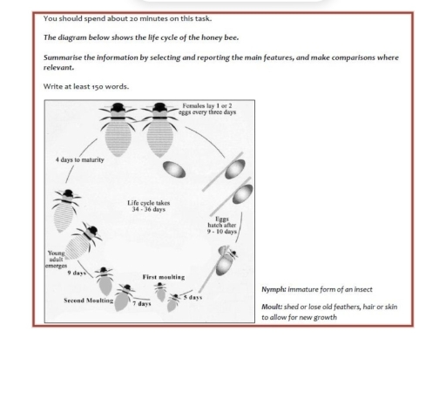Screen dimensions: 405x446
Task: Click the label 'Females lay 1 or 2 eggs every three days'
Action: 206,109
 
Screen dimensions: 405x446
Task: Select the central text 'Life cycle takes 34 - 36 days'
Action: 146,206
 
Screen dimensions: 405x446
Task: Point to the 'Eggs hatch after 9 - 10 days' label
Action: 221,226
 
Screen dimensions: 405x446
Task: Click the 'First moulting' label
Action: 163,276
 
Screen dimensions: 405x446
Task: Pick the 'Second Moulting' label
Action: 88,300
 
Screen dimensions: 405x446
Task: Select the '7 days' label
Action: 141,304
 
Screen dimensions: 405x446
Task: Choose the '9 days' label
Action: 76,273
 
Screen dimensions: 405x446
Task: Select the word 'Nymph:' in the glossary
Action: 274,289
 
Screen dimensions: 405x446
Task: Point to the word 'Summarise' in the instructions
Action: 63,57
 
